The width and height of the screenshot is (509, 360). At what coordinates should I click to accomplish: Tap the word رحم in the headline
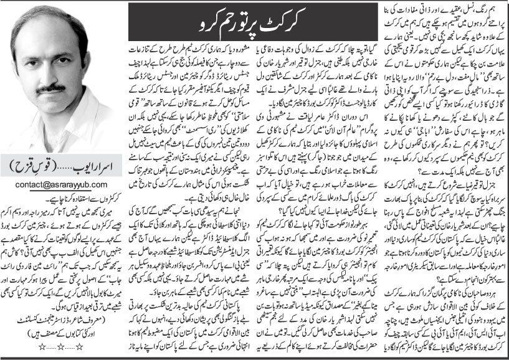click(189, 24)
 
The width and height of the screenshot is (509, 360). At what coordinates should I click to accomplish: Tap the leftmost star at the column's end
click(32, 351)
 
